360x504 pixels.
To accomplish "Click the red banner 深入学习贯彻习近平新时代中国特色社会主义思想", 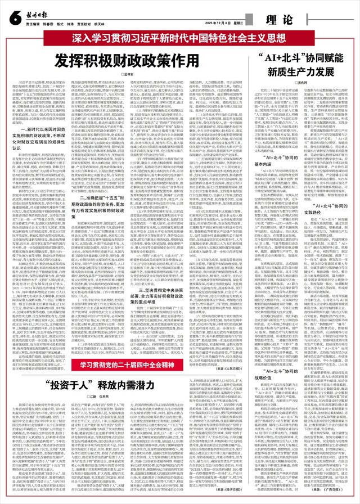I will click(179, 40).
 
